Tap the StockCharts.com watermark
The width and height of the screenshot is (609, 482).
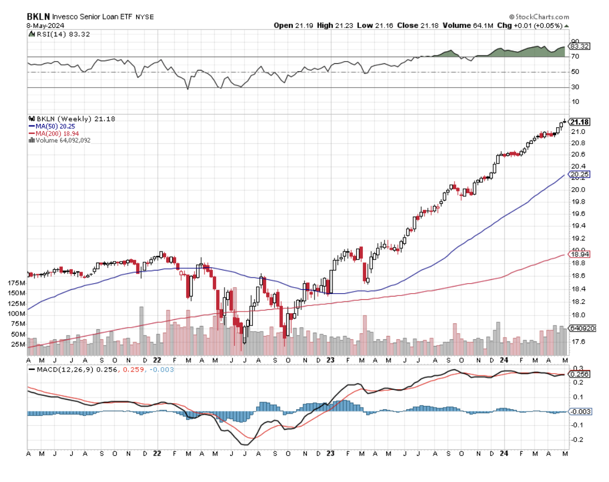pos(538,17)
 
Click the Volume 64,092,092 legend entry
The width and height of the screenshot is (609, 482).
pos(62,140)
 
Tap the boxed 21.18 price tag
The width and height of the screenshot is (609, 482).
pos(580,122)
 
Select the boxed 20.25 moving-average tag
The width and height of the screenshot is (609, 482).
pos(580,174)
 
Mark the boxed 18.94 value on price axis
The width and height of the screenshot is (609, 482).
pos(580,254)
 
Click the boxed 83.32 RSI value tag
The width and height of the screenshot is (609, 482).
pos(580,47)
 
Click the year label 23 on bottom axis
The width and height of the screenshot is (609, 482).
pos(330,453)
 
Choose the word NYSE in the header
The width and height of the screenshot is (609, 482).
pos(144,17)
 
